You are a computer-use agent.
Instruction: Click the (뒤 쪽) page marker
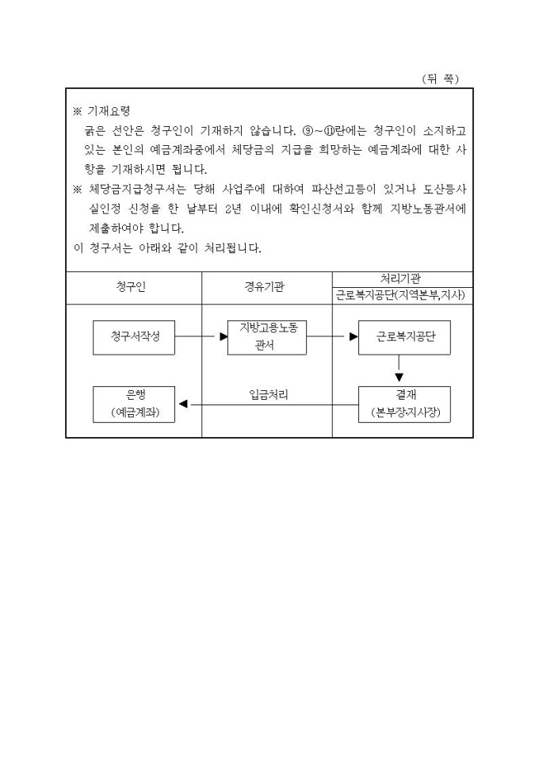[x=441, y=79]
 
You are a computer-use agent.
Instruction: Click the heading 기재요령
[x=109, y=111]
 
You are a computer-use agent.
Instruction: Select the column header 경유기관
[x=264, y=286]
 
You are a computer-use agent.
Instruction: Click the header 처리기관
[x=400, y=279]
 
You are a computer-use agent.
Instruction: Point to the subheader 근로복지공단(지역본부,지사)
[x=400, y=295]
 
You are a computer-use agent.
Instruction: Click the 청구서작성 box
[x=134, y=337]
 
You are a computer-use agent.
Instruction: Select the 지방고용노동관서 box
[x=267, y=337]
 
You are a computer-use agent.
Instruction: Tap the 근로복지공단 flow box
[x=404, y=337]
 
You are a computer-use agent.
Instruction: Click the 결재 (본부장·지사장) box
[x=404, y=405]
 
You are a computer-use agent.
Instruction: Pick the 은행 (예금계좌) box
[x=134, y=405]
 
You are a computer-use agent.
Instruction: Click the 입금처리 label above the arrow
[x=269, y=395]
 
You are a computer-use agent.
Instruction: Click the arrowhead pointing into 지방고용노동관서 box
[x=224, y=336]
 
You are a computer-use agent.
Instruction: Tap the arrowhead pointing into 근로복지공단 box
[x=354, y=336]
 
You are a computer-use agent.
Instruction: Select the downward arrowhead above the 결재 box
[x=399, y=377]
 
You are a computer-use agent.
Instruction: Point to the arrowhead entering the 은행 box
[x=183, y=404]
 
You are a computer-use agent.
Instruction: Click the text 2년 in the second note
[x=234, y=209]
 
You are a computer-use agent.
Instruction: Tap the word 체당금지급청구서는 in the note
[x=137, y=190]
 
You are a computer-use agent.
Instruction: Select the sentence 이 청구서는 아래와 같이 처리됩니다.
[x=168, y=248]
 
